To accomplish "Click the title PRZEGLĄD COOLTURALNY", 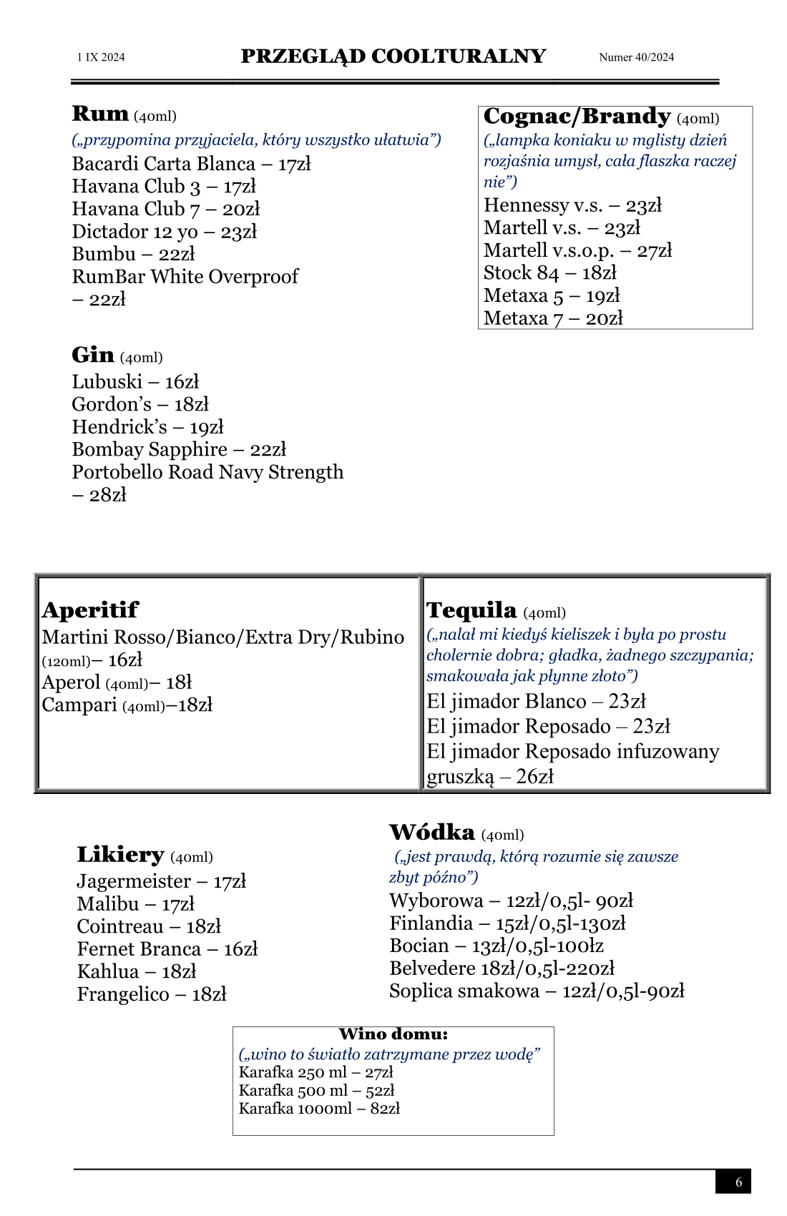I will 393,57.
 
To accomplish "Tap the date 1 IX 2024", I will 101,57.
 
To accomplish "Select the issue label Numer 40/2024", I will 636,57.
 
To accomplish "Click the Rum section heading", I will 100,114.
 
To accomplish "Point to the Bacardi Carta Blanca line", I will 191,164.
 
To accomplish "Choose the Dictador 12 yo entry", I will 164,232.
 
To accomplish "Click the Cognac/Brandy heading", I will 577,117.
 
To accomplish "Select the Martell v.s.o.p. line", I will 577,250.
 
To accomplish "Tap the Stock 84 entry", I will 549,273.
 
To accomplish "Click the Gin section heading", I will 93,355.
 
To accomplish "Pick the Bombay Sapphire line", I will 179,449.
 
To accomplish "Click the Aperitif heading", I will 90,610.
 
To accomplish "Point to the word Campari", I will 79,705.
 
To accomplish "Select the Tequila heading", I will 471,610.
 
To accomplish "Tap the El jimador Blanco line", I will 536,701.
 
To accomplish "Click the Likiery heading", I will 120,855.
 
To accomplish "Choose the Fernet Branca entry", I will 167,949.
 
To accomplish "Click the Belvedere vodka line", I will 502,969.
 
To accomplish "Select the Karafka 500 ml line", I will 316,1090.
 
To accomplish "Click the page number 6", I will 739,1182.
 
